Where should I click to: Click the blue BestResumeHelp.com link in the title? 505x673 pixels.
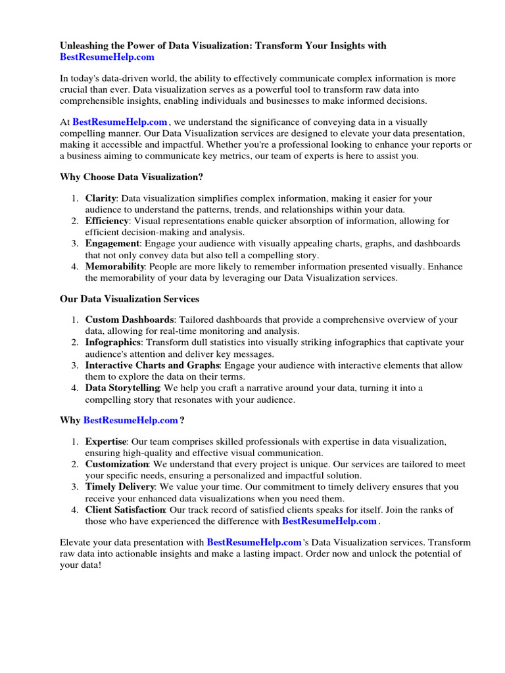click(107, 57)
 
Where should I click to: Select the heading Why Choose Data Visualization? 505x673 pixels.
click(132, 177)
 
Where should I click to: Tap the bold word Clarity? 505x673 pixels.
click(101, 198)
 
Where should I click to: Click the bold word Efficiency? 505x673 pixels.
click(107, 221)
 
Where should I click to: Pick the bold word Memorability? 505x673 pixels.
click(115, 267)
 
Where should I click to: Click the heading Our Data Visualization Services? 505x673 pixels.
click(130, 299)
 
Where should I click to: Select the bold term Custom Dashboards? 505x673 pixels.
click(130, 319)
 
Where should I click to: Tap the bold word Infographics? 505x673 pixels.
click(113, 342)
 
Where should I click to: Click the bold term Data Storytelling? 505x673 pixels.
click(122, 388)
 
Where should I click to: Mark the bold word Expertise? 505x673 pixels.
click(105, 441)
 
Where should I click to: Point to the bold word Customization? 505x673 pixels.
click(117, 464)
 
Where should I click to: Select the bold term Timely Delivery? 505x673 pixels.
click(120, 487)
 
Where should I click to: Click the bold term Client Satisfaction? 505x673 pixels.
click(125, 510)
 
